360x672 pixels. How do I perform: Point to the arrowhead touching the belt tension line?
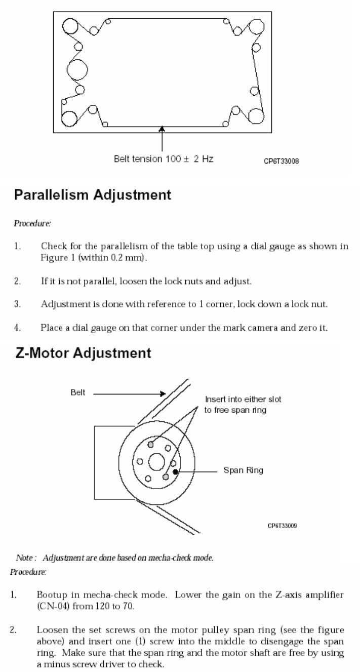click(162, 130)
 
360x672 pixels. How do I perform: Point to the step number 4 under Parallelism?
click(17, 321)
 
